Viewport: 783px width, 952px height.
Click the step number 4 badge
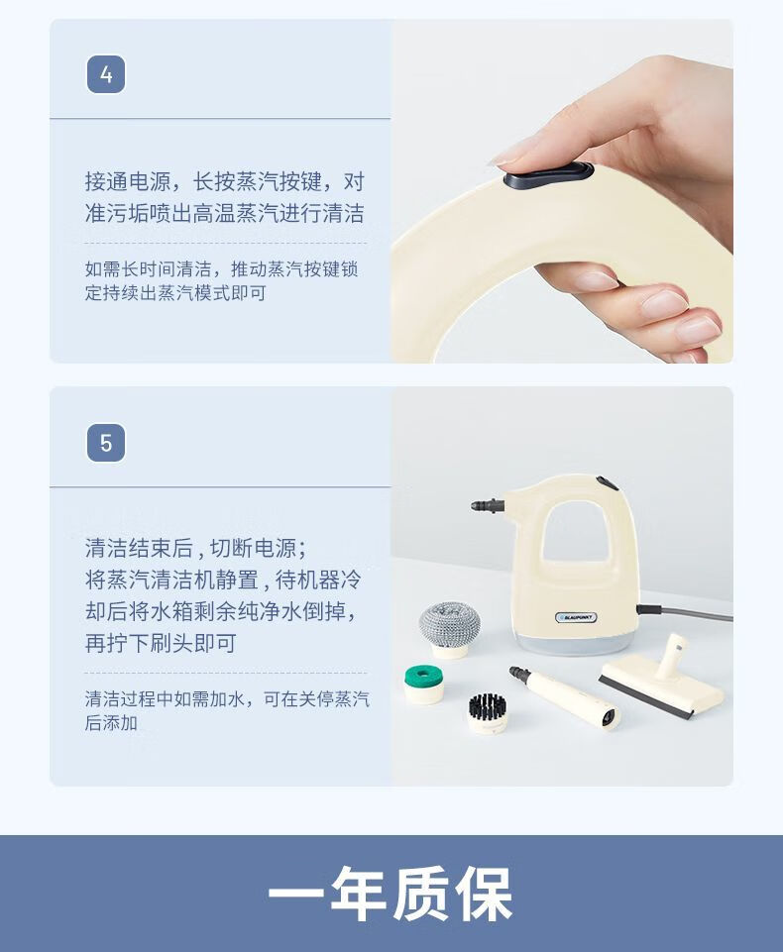106,74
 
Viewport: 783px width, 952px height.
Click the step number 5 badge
106,443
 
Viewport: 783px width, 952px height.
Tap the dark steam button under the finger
548,175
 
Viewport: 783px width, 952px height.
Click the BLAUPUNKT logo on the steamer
576,617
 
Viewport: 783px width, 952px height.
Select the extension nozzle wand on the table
565,697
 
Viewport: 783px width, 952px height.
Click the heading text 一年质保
391,894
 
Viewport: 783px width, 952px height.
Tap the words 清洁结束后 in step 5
139,548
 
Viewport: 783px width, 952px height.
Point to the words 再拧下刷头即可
161,642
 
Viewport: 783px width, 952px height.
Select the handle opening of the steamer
575,531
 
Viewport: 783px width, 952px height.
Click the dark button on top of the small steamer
607,483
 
